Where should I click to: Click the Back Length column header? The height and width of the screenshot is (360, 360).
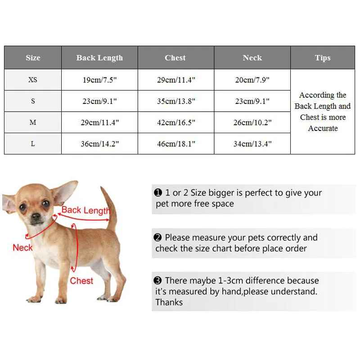click(x=99, y=58)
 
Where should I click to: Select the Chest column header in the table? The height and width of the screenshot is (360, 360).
click(x=175, y=58)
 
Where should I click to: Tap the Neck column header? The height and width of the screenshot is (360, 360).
click(x=252, y=58)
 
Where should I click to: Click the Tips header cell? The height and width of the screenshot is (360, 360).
click(x=323, y=58)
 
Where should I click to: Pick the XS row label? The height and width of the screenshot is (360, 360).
click(x=33, y=80)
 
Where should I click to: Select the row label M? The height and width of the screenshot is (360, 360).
click(x=33, y=122)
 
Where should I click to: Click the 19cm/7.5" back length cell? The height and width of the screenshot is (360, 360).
click(x=99, y=80)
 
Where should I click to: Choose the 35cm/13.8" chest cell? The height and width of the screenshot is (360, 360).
click(x=176, y=101)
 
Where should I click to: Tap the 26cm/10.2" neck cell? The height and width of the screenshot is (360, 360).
click(x=252, y=122)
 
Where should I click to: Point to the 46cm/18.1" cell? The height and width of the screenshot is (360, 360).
click(x=176, y=144)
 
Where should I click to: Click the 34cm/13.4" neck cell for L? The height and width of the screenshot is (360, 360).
click(x=252, y=144)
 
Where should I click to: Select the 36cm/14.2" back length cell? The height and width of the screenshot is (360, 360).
click(x=99, y=144)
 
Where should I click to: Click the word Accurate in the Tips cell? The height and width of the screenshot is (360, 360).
click(x=323, y=128)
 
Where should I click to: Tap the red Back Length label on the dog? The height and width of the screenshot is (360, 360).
click(x=85, y=210)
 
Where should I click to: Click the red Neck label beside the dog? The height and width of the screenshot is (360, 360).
click(x=22, y=247)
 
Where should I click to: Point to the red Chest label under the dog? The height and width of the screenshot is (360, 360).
click(x=81, y=281)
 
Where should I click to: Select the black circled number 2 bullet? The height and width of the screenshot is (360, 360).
click(x=157, y=238)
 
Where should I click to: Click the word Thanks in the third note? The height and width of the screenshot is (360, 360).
click(x=169, y=302)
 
